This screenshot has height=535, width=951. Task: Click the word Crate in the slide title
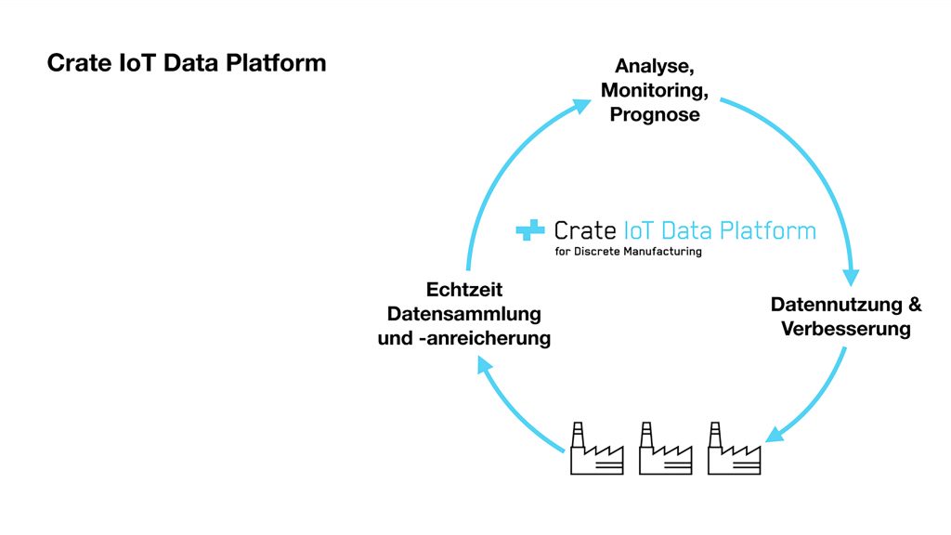point(75,63)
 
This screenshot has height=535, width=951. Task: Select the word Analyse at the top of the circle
point(654,67)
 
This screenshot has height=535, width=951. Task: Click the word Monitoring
point(654,91)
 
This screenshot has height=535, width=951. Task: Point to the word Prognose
point(654,115)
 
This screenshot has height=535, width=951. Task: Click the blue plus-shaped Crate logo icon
point(530,230)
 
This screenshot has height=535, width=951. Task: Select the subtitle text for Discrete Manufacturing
point(628,252)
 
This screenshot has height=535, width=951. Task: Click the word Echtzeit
point(463,289)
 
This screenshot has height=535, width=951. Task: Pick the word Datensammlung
point(463,313)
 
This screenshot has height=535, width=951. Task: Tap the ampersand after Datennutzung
point(914,305)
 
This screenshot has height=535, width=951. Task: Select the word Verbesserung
point(845,329)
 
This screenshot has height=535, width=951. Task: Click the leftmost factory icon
point(596,450)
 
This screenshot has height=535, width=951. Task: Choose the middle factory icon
point(666,450)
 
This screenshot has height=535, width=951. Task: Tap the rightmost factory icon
point(734,450)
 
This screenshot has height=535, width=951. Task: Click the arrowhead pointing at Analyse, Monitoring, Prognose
point(580,105)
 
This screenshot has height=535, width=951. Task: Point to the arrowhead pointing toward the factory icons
point(775,435)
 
